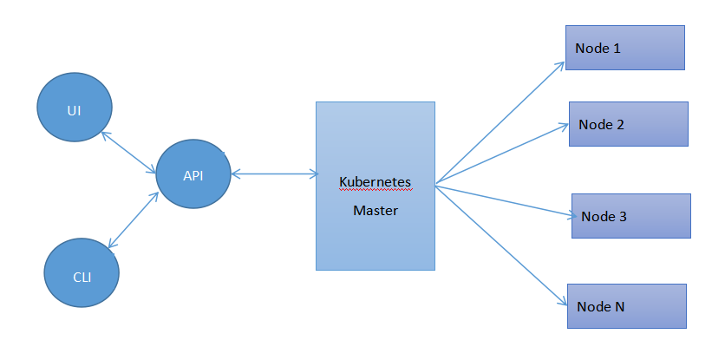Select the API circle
pyautogui.click(x=193, y=173)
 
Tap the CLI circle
pyautogui.click(x=81, y=275)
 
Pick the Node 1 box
pyautogui.click(x=625, y=48)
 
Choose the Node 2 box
pyautogui.click(x=629, y=124)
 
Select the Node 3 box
pyautogui.click(x=630, y=216)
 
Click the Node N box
pyautogui.click(x=627, y=306)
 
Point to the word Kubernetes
pyautogui.click(x=375, y=182)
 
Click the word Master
pyautogui.click(x=375, y=210)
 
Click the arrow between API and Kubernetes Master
pyautogui.click(x=274, y=174)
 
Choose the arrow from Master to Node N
pyautogui.click(x=499, y=243)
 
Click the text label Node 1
pyautogui.click(x=598, y=48)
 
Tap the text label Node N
pyautogui.click(x=601, y=306)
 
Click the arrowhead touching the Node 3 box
pyautogui.click(x=568, y=214)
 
